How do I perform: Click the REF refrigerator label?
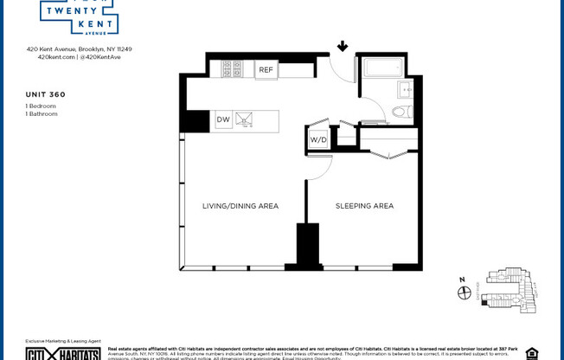point(266,69)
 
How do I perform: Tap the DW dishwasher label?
point(223,120)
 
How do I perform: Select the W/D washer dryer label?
point(318,138)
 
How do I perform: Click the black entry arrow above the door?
point(343,46)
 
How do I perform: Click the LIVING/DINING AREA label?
point(240,206)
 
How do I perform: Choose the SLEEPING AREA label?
point(364,206)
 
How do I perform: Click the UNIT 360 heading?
point(46,94)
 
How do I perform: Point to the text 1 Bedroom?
point(42,106)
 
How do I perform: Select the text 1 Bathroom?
point(42,113)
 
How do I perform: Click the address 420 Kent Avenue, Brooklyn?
point(79,49)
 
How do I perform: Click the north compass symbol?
point(464,292)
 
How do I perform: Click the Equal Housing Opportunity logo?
point(531,353)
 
